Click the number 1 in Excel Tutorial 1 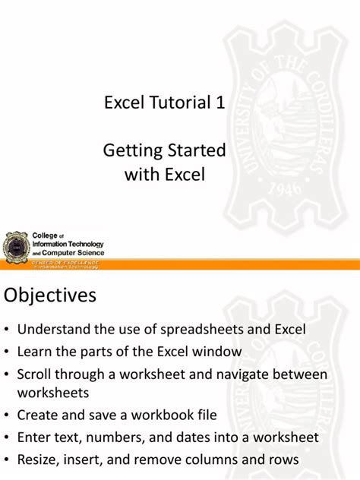(x=219, y=105)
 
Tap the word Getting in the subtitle (x=132, y=151)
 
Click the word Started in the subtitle (x=195, y=151)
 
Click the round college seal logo (x=16, y=248)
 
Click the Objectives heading (x=50, y=295)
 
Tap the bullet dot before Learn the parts (x=7, y=352)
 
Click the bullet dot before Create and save (x=7, y=416)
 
